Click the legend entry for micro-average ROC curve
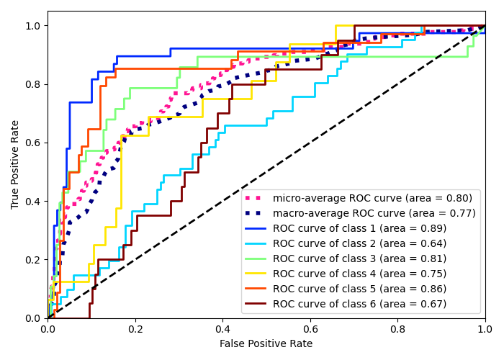(x=372, y=198)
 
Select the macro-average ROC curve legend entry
(x=374, y=213)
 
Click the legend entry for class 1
(x=359, y=228)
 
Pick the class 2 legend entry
(x=359, y=243)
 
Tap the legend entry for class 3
(x=359, y=258)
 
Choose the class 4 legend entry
(x=359, y=274)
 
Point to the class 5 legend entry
(x=359, y=289)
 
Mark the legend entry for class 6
(x=359, y=304)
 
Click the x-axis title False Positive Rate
(x=266, y=344)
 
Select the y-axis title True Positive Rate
(x=16, y=164)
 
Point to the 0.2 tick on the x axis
(x=135, y=328)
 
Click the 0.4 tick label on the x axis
(x=222, y=328)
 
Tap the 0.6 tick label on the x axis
(x=310, y=328)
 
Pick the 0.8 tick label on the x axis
(x=397, y=328)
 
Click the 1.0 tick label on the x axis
(x=485, y=328)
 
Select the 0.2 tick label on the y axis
(x=34, y=260)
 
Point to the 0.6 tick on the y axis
(x=34, y=143)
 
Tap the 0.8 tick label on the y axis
(x=34, y=84)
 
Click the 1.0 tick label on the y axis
(x=34, y=26)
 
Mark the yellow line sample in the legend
(x=257, y=274)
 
